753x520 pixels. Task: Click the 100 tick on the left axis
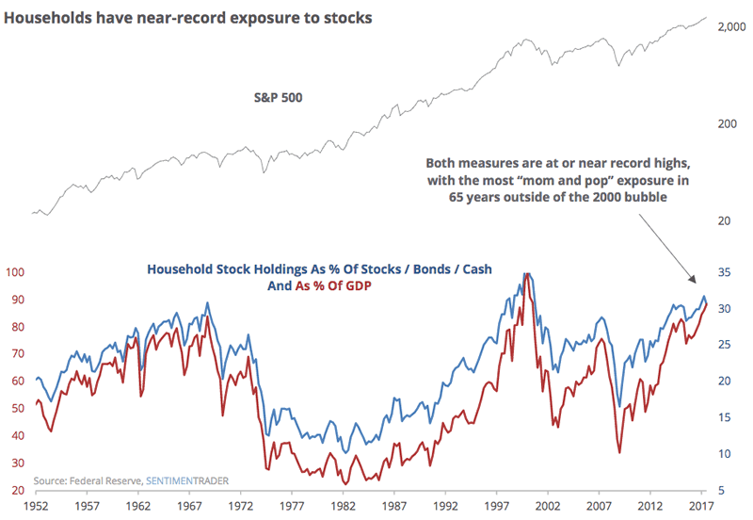[14, 273]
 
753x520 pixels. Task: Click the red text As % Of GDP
[330, 285]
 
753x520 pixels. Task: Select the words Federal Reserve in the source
[110, 480]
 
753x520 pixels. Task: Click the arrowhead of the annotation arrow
[695, 282]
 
